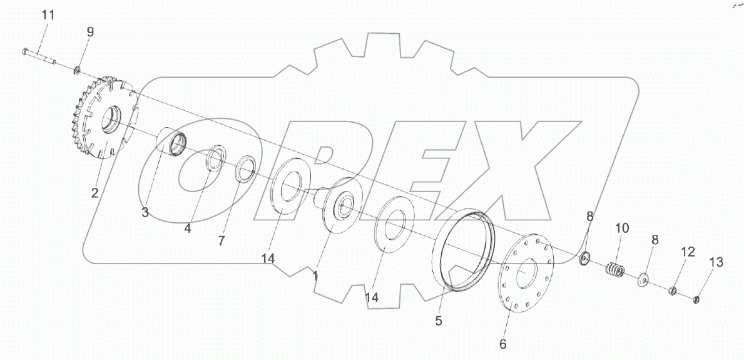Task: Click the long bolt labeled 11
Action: click(39, 56)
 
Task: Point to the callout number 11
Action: click(48, 15)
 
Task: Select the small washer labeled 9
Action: click(76, 71)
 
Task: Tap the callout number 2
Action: click(95, 193)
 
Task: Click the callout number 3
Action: click(145, 212)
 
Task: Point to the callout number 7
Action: click(221, 240)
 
